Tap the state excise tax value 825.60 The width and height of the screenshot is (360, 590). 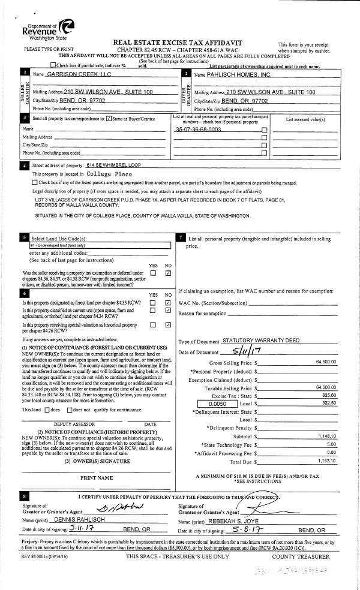[x=330, y=396]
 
